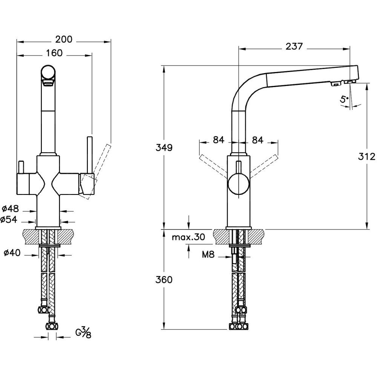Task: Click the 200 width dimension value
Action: point(64,39)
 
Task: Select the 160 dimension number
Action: point(54,53)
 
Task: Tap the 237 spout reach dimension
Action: point(294,46)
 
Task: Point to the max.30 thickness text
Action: point(188,237)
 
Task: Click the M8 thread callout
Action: point(208,255)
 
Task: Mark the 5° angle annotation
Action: point(344,100)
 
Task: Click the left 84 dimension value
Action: point(219,140)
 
